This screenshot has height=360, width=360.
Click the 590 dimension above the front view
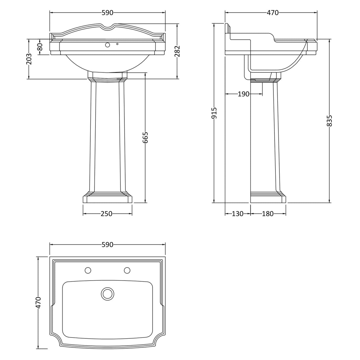point(107,13)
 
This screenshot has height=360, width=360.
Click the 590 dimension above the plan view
point(107,245)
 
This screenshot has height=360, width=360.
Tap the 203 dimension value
point(29,59)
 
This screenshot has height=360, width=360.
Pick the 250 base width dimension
point(107,214)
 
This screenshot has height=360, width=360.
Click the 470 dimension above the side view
point(273,13)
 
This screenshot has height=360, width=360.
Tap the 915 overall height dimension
point(214,113)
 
